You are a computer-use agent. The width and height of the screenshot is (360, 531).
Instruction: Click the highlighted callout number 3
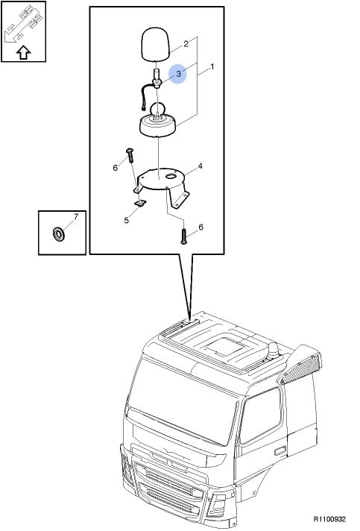pos(179,73)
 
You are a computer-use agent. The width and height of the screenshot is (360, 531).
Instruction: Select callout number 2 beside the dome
pos(186,44)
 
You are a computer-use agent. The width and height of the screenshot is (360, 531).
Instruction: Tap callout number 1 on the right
pos(212,66)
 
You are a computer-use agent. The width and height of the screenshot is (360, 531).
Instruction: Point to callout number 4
pos(200,166)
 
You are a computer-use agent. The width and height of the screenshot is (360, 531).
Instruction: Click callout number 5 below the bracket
pos(126,220)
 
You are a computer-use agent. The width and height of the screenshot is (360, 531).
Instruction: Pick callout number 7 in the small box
pos(76,216)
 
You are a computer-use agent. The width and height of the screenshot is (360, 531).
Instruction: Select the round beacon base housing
pos(158,126)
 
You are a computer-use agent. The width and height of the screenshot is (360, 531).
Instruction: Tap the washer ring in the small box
pos(59,234)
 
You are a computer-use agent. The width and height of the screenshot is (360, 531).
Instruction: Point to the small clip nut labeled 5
pos(139,203)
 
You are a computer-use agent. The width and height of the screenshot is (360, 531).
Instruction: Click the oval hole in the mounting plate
pos(172,176)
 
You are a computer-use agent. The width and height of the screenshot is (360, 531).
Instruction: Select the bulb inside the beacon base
pos(158,110)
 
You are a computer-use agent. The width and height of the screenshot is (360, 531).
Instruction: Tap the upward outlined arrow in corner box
pos(24,52)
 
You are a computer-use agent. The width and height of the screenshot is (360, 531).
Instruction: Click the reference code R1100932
pos(329,519)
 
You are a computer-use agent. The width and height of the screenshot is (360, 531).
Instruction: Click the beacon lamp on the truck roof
pos(273,351)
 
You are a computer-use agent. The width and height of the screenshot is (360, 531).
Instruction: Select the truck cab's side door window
pos(261,415)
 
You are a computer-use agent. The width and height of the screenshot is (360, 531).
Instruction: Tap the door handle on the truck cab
pos(280,451)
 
